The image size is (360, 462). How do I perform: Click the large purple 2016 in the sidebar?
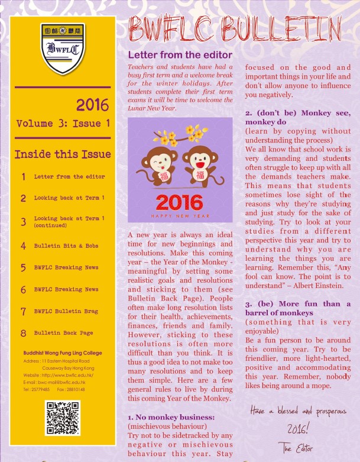point(92,105)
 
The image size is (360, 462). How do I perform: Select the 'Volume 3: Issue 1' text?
point(63,124)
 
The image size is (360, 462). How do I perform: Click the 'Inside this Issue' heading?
point(63,154)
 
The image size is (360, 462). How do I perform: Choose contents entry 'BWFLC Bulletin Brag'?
point(66,311)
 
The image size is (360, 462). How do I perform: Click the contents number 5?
point(23,267)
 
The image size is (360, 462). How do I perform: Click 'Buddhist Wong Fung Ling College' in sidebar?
point(59,353)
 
